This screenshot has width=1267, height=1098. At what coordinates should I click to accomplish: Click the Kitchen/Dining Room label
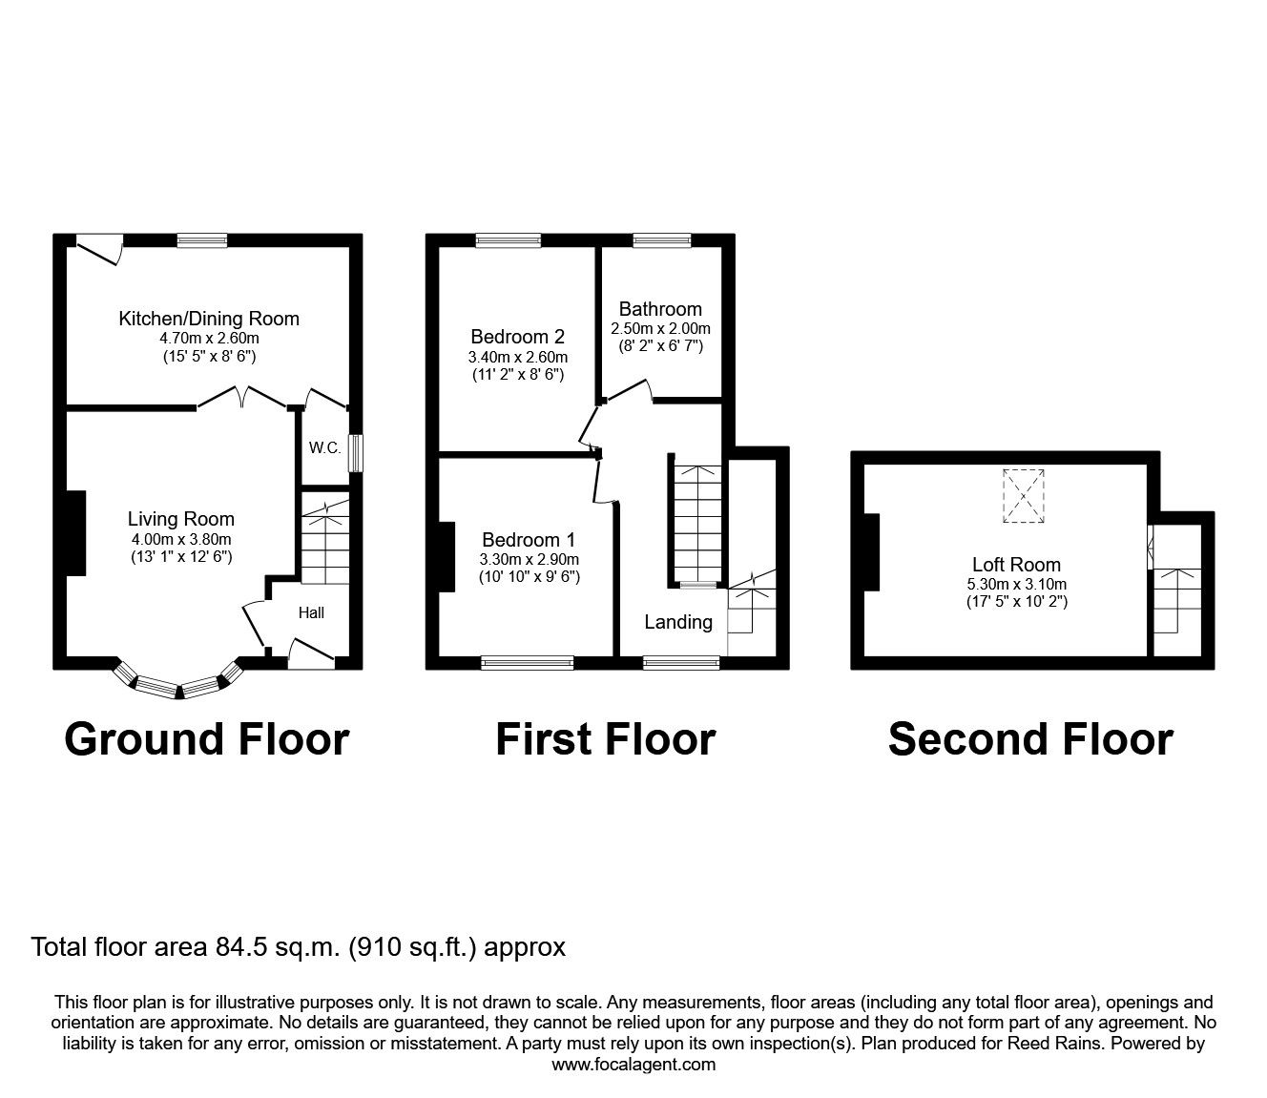click(x=208, y=319)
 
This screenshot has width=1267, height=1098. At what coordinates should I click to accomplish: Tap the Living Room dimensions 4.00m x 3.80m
click(x=180, y=538)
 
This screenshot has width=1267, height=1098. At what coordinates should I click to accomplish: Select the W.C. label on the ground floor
click(x=324, y=447)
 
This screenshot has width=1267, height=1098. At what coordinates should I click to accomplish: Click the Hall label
click(x=311, y=612)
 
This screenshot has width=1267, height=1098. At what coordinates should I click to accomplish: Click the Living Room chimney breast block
click(x=75, y=533)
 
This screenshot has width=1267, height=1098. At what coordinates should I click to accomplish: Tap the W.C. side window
click(x=355, y=453)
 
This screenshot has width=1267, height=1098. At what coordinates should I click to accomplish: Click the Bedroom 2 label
click(x=517, y=337)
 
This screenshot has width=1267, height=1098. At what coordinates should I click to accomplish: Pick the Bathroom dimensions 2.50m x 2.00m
click(x=660, y=328)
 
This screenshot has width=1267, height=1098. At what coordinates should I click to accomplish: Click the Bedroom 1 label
click(x=529, y=538)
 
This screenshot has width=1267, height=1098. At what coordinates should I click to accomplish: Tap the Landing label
click(x=677, y=622)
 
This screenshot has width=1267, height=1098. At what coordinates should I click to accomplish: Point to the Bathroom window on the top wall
click(x=662, y=240)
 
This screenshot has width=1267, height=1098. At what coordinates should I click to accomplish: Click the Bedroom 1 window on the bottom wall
click(x=528, y=662)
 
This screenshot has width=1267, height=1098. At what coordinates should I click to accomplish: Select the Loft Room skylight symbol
click(x=1023, y=495)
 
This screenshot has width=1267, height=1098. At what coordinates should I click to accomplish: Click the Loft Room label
click(x=1016, y=565)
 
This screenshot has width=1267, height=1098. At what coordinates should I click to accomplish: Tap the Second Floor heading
click(x=1030, y=739)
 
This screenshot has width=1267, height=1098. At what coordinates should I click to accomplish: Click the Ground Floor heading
click(x=206, y=739)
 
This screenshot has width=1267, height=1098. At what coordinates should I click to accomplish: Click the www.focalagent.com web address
click(x=633, y=1065)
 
